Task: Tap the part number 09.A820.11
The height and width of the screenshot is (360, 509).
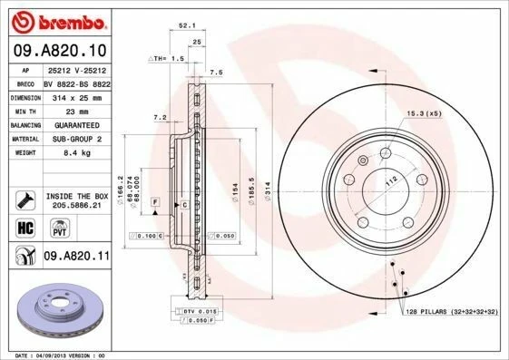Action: (x=76, y=257)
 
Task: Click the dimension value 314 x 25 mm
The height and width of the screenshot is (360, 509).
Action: (x=76, y=96)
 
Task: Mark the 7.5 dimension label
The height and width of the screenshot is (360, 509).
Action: (x=216, y=72)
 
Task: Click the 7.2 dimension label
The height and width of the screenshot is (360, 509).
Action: (x=160, y=118)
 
